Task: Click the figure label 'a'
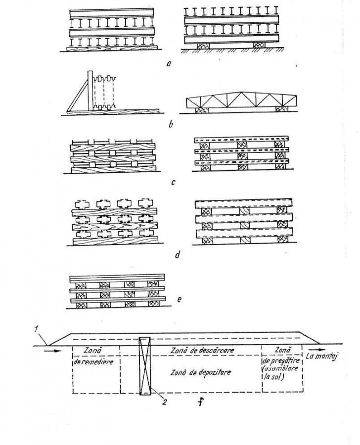pos(169,63)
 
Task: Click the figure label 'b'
pos(171,124)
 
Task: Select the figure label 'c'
pos(173,182)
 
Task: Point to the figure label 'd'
pos(178,254)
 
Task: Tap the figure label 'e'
pos(179,299)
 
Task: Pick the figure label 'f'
pos(201,401)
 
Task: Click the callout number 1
pos(36,330)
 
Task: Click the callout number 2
pos(164,402)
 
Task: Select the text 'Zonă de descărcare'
pos(202,350)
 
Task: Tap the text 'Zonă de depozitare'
pos(201,372)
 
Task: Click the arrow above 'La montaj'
pos(316,349)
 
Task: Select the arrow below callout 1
pos(53,351)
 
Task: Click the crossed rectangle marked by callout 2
pos(145,366)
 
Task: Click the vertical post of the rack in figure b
pos(90,91)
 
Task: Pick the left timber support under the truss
pos(202,110)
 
